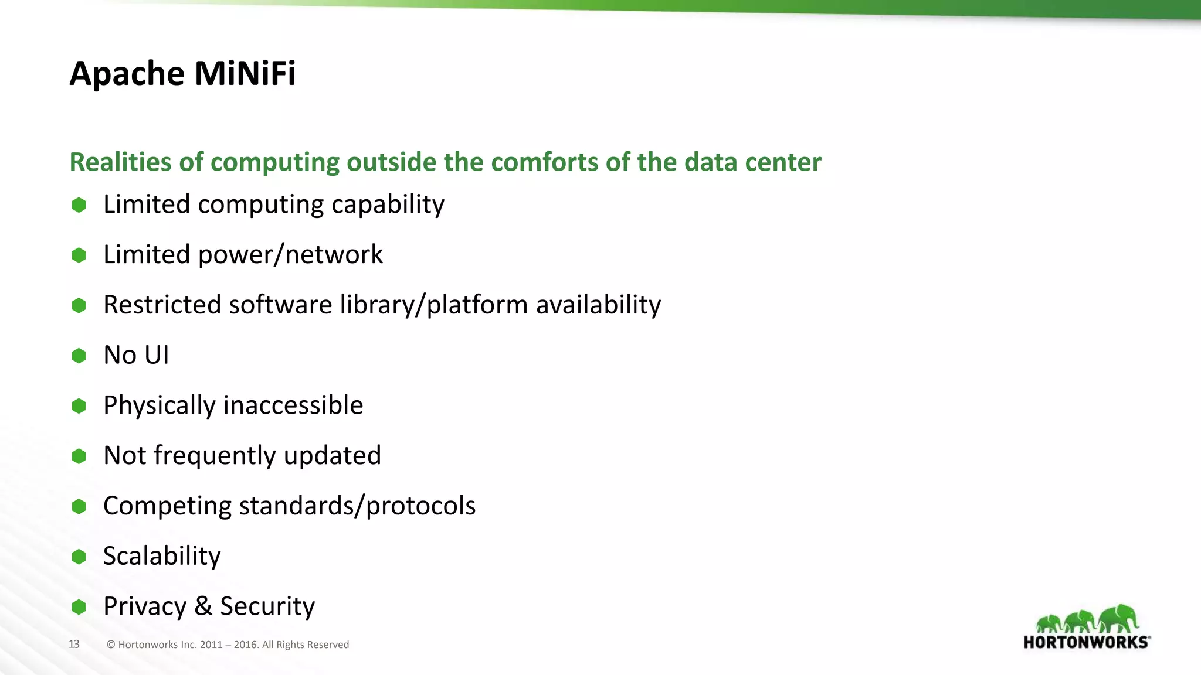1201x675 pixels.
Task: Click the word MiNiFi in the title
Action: tap(245, 74)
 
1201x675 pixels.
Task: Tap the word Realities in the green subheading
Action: tap(120, 162)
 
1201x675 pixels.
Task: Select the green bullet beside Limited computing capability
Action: tap(79, 205)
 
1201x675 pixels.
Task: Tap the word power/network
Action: tap(290, 255)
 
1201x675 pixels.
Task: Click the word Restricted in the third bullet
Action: tap(161, 305)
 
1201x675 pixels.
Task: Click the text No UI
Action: tap(136, 355)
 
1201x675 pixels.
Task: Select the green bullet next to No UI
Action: tap(79, 356)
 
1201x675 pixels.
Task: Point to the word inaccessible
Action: tap(293, 405)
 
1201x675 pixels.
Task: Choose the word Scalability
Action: tap(162, 556)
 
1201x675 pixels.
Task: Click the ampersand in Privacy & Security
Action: tap(203, 606)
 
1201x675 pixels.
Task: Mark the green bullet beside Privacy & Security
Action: tap(79, 607)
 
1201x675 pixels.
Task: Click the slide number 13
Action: tap(74, 645)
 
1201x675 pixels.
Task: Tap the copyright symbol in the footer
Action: tap(111, 645)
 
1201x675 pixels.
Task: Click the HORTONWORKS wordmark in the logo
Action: tap(1086, 642)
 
